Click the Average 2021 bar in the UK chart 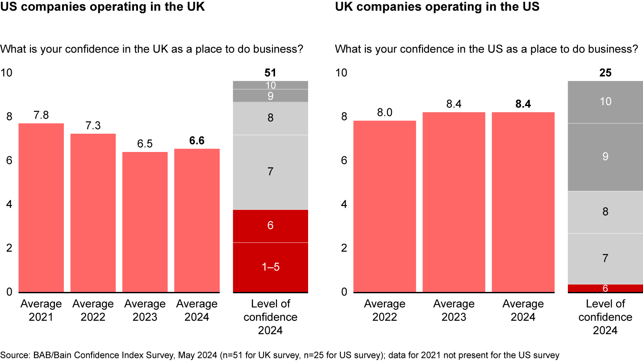pos(41,208)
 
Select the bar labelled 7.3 pos(93,213)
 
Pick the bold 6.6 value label pos(197,141)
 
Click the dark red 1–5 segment pos(271,267)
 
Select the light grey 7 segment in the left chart pos(271,172)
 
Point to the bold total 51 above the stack pos(271,73)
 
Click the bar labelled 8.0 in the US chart pos(384,206)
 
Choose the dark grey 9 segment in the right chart pos(605,157)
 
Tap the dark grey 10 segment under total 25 pos(605,102)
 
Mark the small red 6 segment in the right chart pos(605,288)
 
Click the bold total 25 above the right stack pos(605,73)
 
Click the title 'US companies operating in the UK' pos(103,7)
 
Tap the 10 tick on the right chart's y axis pos(341,73)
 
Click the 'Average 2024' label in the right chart pos(523,310)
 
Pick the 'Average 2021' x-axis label pos(41,310)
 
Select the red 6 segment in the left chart pos(271,226)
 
